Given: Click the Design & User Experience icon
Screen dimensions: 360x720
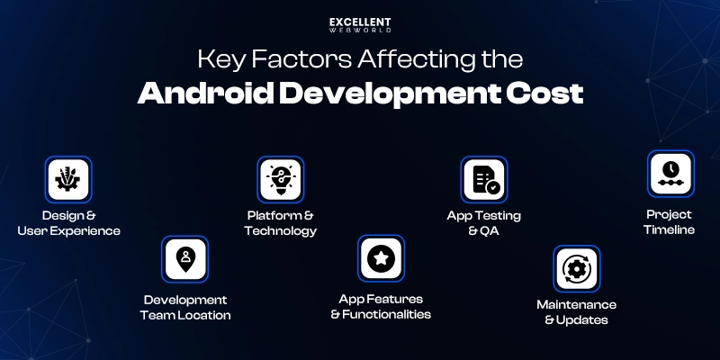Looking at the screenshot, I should [68, 179].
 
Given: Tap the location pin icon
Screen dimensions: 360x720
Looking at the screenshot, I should [185, 259].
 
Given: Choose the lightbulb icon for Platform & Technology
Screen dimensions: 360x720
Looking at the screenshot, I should [281, 179].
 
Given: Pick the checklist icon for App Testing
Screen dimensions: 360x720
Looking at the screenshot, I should [484, 179].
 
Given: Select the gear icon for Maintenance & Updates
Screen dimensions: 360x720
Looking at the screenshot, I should [576, 268].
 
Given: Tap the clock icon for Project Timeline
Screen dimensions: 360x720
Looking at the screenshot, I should [670, 173].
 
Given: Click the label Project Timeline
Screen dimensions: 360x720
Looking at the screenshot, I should [669, 222].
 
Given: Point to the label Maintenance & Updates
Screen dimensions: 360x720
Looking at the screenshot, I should [576, 312].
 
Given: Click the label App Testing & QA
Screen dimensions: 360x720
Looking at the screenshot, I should [484, 223].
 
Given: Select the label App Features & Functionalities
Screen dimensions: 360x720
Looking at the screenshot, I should [381, 306].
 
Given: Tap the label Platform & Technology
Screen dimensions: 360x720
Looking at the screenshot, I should [281, 223].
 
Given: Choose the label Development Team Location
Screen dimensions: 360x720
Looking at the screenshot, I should [185, 307].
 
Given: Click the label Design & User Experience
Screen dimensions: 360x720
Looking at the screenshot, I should [68, 223].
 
